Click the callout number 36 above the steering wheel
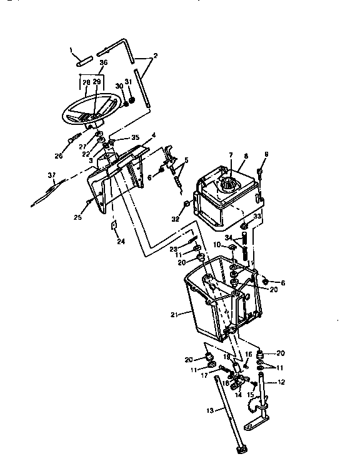click(103, 62)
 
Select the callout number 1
click(71, 49)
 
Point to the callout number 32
click(177, 219)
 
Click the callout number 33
click(256, 215)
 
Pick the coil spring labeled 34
click(246, 245)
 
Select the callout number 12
click(281, 382)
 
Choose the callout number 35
click(135, 137)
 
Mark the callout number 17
click(204, 375)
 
